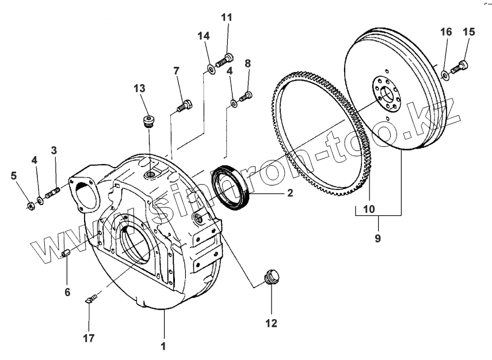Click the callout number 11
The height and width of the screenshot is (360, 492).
coord(227,17)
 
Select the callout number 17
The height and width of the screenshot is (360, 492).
coord(89,339)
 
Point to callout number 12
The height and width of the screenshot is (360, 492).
coord(270,323)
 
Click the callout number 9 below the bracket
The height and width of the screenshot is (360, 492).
coord(378,236)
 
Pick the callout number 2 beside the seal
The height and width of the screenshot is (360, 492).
coord(290,193)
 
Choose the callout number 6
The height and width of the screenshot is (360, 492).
coord(67,292)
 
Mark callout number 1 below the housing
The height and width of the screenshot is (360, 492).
coord(163,346)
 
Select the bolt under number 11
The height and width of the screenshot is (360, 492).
coord(225,59)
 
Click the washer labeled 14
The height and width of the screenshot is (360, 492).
coord(210,70)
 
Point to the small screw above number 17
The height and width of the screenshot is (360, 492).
coord(91,298)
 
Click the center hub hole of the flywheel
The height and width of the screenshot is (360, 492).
coord(385,93)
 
